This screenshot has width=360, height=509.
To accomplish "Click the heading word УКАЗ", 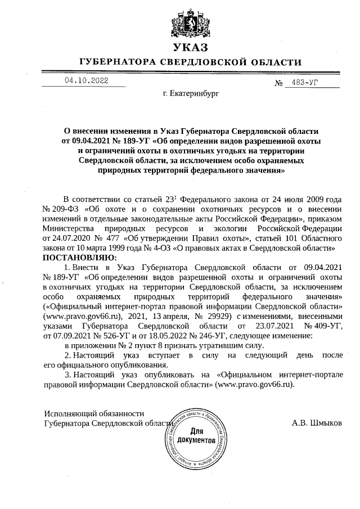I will [191, 47].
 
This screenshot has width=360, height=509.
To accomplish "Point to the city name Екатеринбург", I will [190, 104].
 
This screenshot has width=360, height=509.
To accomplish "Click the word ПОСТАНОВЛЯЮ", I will [78, 257].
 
